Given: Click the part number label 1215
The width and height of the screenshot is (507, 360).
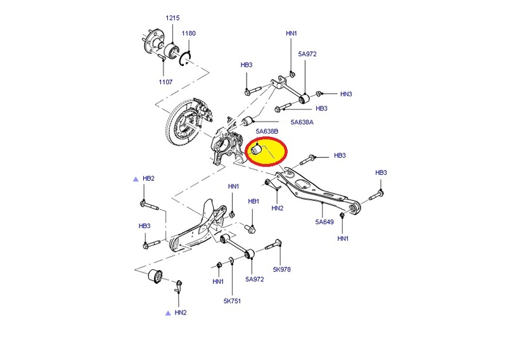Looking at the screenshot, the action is (172, 18).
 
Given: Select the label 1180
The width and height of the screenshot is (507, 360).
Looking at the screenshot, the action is (188, 34).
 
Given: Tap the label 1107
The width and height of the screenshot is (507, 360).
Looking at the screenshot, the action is (165, 82).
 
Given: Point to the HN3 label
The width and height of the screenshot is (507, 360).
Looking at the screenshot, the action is (346, 94).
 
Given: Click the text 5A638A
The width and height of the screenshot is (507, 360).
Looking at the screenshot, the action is (302, 122).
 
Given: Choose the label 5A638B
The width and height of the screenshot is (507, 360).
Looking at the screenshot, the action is (267, 131).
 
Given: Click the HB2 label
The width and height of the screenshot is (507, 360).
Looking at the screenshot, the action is (148, 179).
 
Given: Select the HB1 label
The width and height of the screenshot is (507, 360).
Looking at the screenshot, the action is (253, 202).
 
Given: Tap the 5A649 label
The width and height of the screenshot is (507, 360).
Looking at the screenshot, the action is (324, 222).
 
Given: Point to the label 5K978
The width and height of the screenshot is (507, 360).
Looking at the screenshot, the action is (281, 269).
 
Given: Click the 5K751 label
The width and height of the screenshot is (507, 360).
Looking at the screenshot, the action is (232, 301).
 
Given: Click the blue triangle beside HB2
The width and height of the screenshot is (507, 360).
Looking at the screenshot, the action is (136, 179).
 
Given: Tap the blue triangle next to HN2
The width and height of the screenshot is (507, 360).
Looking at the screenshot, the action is (168, 312).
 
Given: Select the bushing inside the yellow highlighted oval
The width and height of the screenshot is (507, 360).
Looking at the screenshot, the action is (257, 150).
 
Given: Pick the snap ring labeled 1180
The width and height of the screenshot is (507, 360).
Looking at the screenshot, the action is (185, 59).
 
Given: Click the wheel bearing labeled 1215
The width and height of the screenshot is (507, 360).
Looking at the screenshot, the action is (171, 51).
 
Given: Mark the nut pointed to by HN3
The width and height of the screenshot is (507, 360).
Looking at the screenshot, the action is (318, 94).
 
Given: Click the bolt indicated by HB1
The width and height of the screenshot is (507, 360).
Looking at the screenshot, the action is (250, 229).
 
